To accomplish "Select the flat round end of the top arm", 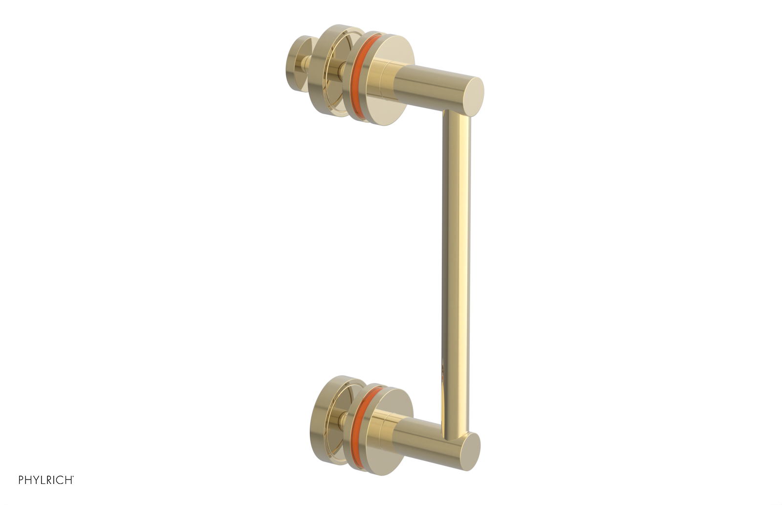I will (473, 97).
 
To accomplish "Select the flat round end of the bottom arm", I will (470, 452).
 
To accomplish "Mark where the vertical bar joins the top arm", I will (456, 115).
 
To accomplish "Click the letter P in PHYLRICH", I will (22, 480).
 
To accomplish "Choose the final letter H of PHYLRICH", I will (69, 480).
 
